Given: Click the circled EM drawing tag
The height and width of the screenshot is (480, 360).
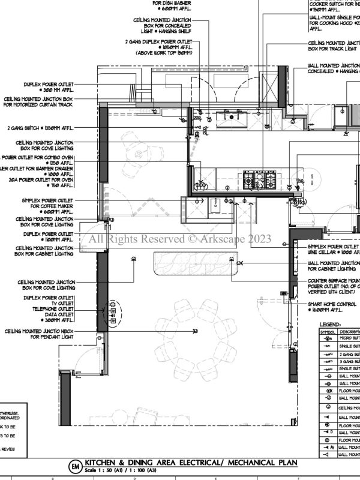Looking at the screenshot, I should [x=75, y=466].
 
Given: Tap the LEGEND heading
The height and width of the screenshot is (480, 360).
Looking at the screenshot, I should [x=331, y=324].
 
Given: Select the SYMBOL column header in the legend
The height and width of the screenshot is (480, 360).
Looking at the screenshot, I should [x=328, y=331].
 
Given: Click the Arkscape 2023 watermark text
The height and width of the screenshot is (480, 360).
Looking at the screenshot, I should [x=180, y=239].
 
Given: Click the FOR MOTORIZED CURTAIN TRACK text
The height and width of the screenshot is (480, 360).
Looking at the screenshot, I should [x=39, y=104].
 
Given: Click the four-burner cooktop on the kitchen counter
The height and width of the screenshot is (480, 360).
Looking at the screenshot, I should [x=260, y=179].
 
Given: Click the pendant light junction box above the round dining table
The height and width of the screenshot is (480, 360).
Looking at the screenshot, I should [x=194, y=331].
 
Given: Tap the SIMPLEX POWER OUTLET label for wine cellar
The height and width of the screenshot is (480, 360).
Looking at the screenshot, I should [x=334, y=247].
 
